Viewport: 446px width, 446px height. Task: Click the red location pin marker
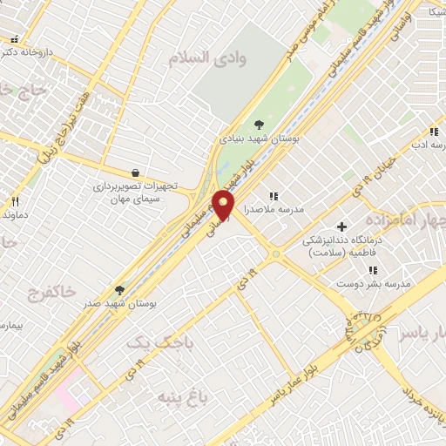point(225,206)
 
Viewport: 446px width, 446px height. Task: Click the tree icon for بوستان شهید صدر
point(118,289)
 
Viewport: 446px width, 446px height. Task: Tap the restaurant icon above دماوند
point(15,201)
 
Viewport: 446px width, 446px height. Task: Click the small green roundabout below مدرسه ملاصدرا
point(276,254)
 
